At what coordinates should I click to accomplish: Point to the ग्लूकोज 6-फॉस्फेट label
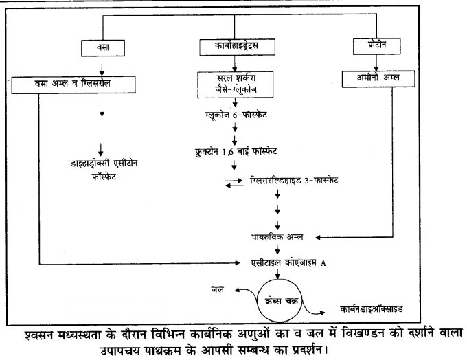tap(236, 115)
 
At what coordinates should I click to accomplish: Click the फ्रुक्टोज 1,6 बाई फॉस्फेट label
tap(236, 151)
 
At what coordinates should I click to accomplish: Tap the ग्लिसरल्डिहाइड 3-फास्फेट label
tap(294, 180)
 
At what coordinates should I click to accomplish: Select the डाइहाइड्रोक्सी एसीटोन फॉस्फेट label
tap(104, 170)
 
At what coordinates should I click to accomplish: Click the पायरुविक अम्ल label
tap(277, 237)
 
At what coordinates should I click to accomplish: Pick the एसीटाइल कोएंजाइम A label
tap(288, 263)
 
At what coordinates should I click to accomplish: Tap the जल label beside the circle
tap(218, 289)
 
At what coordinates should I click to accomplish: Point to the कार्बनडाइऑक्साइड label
tap(372, 309)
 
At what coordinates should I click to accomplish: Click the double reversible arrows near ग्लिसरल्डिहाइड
tap(233, 183)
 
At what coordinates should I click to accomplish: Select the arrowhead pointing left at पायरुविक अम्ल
tap(318, 238)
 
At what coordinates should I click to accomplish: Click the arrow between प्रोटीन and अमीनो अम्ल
tap(376, 63)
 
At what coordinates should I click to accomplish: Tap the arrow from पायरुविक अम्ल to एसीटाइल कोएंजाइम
tap(277, 249)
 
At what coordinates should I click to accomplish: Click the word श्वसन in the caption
tap(40, 335)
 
